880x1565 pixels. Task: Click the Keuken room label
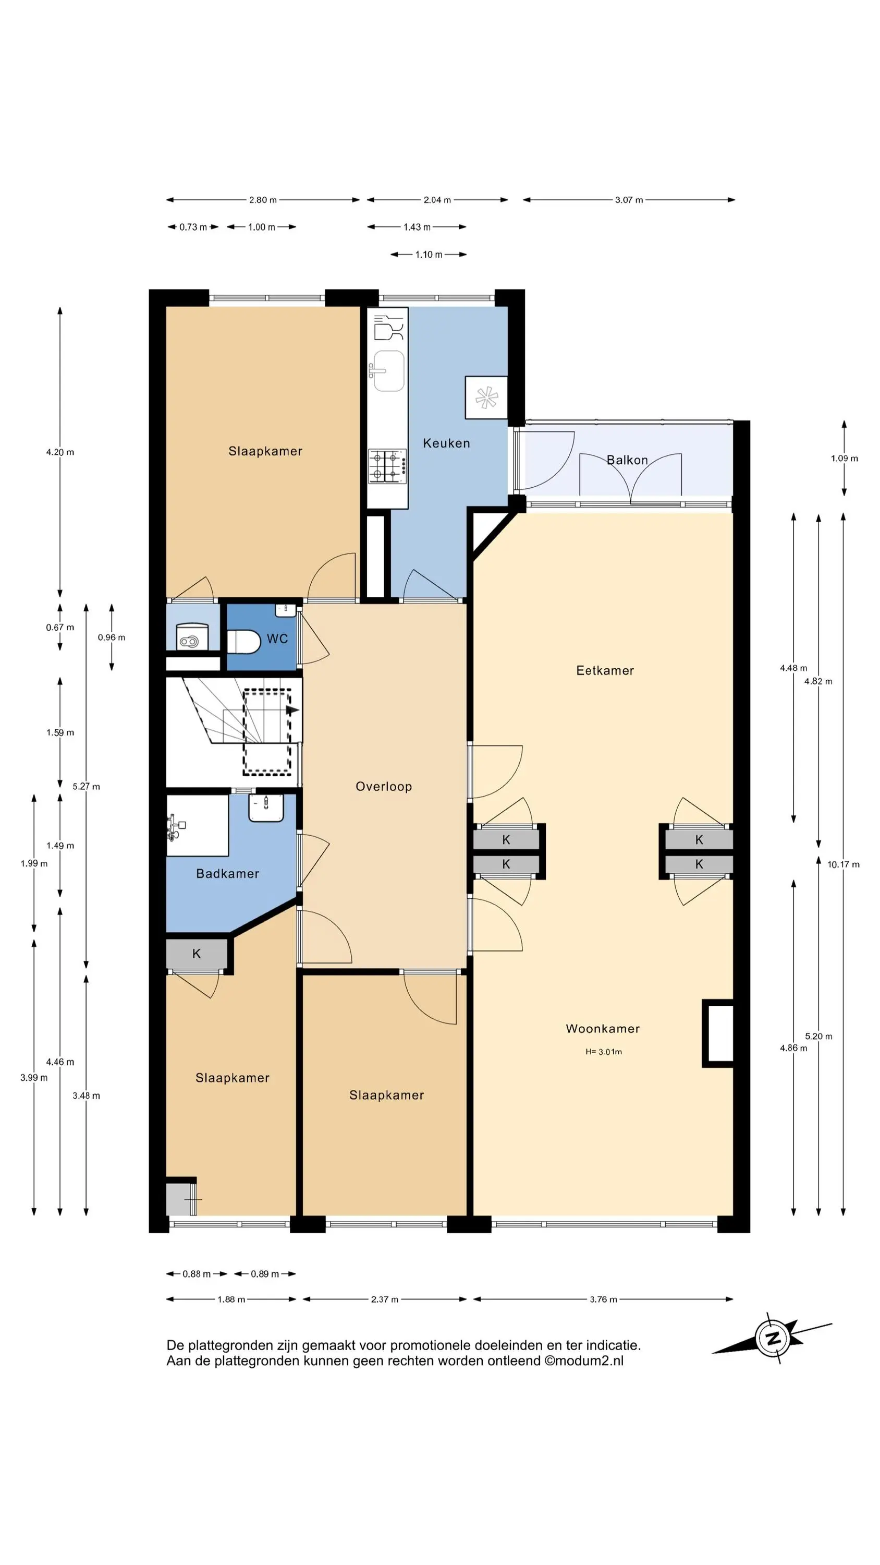click(x=446, y=443)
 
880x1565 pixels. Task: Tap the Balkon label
click(x=627, y=460)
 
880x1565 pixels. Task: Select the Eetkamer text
click(x=605, y=671)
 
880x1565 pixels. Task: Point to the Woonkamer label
click(x=603, y=1029)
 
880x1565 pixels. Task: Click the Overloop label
click(x=384, y=787)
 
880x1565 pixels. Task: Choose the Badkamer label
click(x=228, y=874)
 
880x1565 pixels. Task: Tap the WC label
click(x=277, y=639)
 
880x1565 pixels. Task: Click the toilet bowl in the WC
click(x=243, y=642)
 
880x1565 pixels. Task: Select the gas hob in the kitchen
click(x=387, y=466)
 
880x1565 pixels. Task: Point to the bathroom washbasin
click(x=266, y=808)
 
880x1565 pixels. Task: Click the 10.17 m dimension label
click(x=843, y=864)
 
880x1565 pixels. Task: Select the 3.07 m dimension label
click(x=629, y=200)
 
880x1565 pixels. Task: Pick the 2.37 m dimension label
click(x=384, y=1299)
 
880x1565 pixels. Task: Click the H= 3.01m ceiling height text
click(x=604, y=1052)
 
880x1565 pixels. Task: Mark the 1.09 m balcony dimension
click(x=844, y=458)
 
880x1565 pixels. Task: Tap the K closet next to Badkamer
click(x=197, y=954)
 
